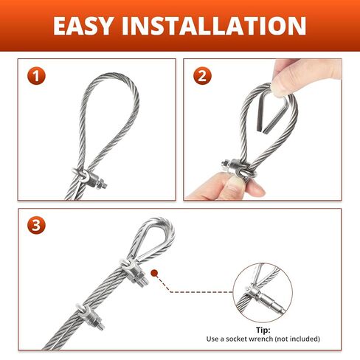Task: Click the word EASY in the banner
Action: pyautogui.click(x=83, y=26)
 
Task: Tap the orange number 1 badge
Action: pyautogui.click(x=36, y=76)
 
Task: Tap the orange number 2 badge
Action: pyautogui.click(x=202, y=76)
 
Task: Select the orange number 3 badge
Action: pyautogui.click(x=36, y=225)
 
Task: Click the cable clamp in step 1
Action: pyautogui.click(x=90, y=179)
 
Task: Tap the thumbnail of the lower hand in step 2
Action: pyautogui.click(x=234, y=183)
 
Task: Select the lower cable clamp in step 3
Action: pyautogui.click(x=89, y=316)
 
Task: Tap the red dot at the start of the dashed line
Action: pyautogui.click(x=154, y=273)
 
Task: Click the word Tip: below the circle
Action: pyautogui.click(x=263, y=330)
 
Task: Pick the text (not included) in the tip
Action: pyautogui.click(x=297, y=339)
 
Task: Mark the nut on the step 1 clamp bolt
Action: pyautogui.click(x=100, y=183)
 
